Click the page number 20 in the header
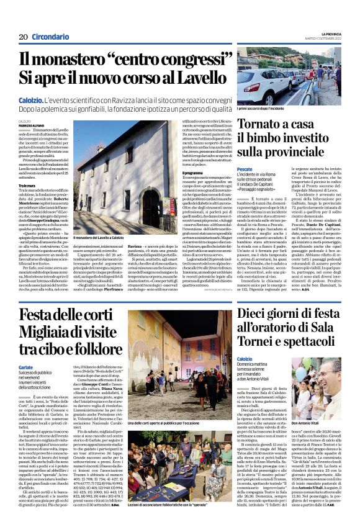click(x=23, y=37)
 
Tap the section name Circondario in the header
click(x=50, y=37)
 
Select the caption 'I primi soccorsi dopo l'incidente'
click(x=263, y=109)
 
